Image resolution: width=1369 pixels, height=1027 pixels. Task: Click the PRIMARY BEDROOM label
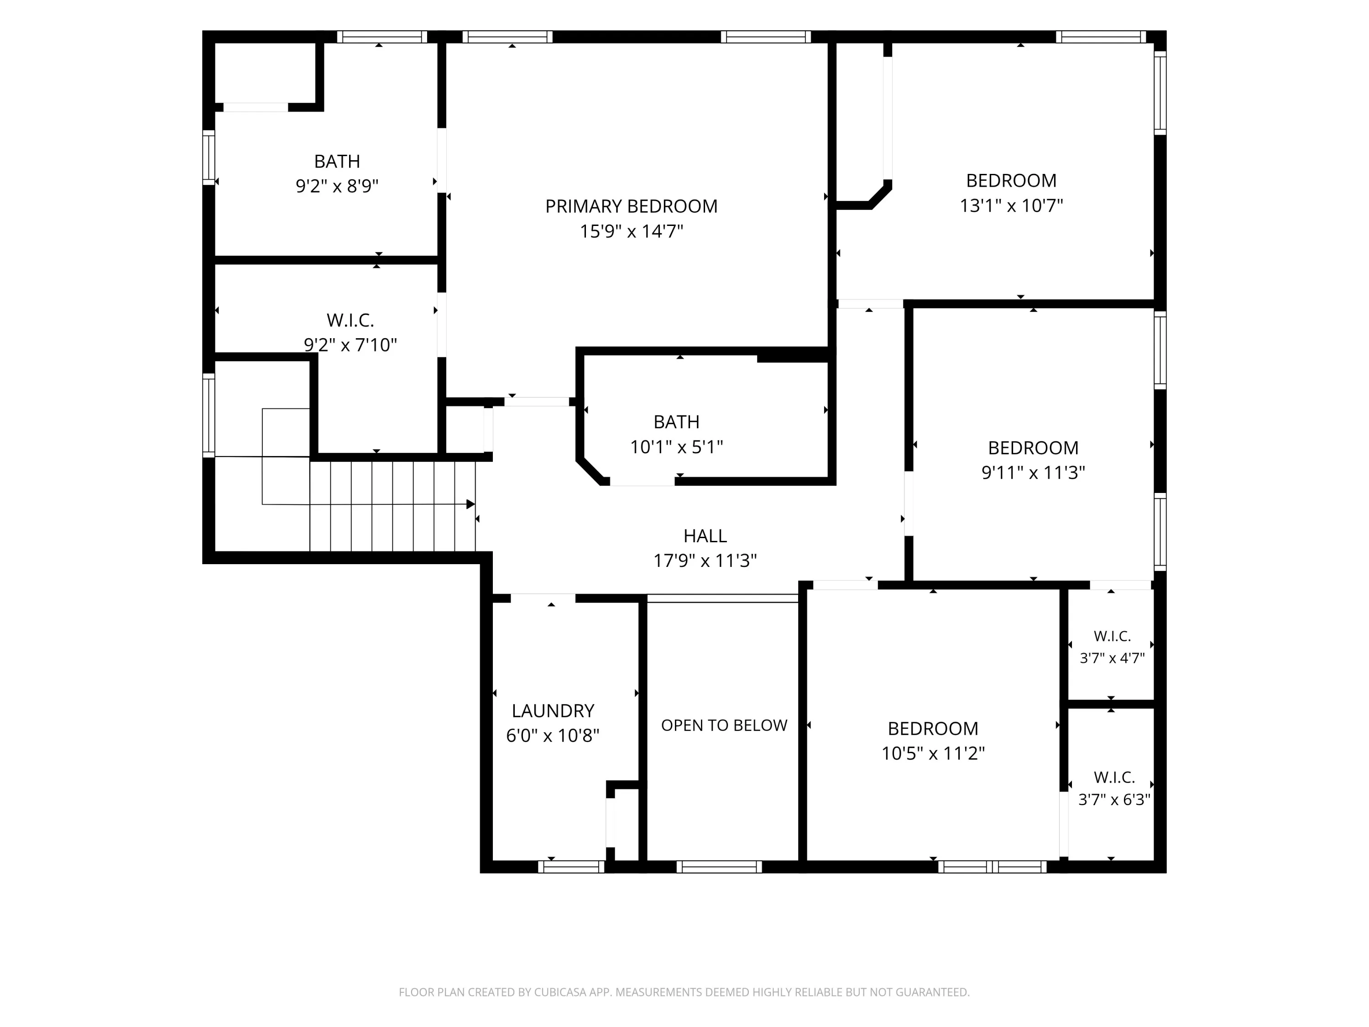click(x=631, y=206)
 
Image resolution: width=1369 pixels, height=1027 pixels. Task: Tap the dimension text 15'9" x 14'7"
click(x=631, y=231)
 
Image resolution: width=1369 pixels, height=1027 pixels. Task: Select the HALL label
click(x=705, y=535)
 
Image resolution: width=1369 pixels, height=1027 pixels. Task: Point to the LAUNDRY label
click(x=553, y=710)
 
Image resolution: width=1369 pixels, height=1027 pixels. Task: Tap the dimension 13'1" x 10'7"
click(x=1011, y=205)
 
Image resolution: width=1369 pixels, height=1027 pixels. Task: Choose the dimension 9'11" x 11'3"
click(x=1033, y=472)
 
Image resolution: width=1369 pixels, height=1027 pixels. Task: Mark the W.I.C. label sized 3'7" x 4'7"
click(x=1112, y=636)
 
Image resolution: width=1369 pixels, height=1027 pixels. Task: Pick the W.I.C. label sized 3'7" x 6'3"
click(x=1114, y=777)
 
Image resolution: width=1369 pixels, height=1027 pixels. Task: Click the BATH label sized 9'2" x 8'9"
click(x=337, y=161)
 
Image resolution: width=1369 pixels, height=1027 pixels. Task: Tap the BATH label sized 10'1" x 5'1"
click(x=676, y=422)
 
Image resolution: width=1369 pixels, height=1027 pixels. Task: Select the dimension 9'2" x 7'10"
click(x=350, y=344)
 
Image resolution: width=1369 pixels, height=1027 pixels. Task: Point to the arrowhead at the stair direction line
click(x=470, y=504)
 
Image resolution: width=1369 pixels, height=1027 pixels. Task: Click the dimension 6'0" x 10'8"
click(x=553, y=735)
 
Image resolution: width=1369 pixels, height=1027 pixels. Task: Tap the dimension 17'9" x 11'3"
click(x=705, y=560)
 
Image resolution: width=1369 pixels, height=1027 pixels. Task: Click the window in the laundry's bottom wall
click(x=571, y=867)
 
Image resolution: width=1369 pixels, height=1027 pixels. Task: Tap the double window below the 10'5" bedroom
click(x=992, y=867)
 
